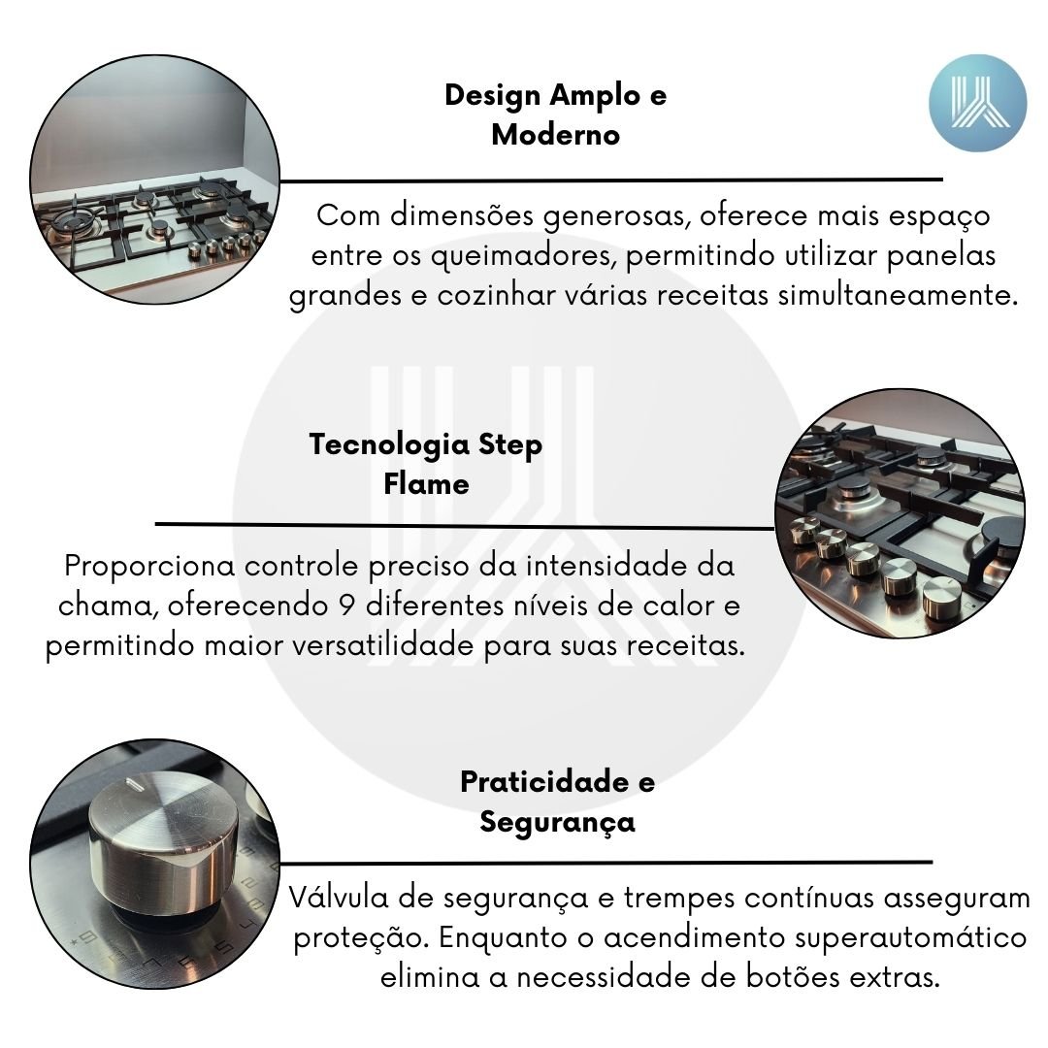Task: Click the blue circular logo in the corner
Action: coord(977,103)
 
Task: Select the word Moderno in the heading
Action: coord(555,134)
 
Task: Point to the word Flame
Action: coord(426,483)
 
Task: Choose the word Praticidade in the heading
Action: coord(544,781)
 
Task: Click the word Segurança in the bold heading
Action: coord(557,823)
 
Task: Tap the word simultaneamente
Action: coord(898,295)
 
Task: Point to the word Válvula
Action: coord(339,897)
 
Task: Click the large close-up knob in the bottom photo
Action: coord(162,838)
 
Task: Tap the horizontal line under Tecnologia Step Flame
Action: coord(465,526)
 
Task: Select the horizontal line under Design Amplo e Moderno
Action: coord(611,180)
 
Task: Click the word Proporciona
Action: coord(149,567)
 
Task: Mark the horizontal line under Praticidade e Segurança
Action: coord(606,863)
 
